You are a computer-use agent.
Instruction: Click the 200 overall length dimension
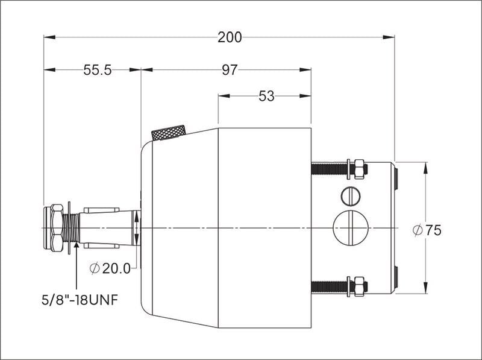point(230,37)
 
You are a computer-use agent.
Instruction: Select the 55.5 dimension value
point(98,70)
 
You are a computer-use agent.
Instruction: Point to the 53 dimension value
point(266,96)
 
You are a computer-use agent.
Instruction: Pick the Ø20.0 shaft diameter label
point(110,269)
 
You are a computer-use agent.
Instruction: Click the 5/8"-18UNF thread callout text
point(84,298)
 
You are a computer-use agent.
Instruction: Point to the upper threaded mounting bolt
point(329,169)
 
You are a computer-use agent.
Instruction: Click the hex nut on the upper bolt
point(359,169)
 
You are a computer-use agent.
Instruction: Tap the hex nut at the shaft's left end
point(55,228)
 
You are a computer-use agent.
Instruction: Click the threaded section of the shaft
point(73,228)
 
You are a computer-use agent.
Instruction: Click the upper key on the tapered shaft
point(97,210)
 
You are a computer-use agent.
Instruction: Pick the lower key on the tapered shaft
point(97,245)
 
